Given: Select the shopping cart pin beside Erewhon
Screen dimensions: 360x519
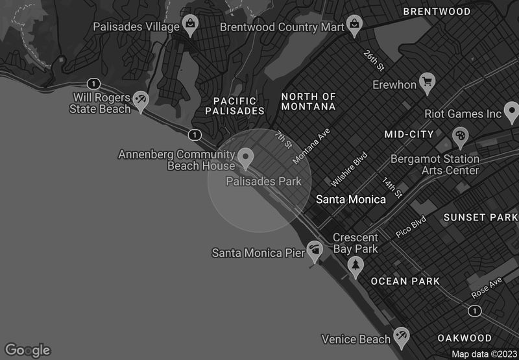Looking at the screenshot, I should (427, 83).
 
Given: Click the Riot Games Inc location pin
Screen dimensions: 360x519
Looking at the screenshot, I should (511, 112).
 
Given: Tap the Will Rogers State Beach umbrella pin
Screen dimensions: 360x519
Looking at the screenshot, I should (141, 100).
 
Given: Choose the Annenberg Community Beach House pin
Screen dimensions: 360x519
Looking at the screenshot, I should (245, 156).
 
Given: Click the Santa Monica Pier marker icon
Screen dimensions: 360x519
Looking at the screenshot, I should (315, 250).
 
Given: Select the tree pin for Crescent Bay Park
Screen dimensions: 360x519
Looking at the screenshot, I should (355, 265).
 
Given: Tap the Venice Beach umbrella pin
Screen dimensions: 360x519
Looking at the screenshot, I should (402, 336).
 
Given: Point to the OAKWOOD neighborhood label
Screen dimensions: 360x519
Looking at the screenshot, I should (465, 338).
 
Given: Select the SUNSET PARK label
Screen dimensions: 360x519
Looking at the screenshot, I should (481, 217).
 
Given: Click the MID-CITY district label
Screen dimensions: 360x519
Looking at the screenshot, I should (409, 134).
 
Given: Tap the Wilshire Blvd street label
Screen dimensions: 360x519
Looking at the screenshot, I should (350, 169).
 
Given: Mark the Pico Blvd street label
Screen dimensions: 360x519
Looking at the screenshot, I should (411, 226).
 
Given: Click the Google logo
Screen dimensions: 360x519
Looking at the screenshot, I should (27, 350).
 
